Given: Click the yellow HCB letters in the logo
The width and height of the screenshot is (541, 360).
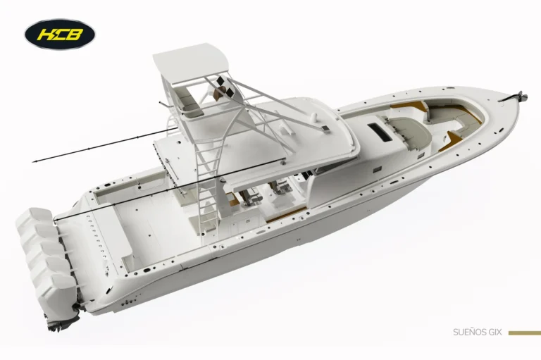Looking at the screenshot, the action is (61, 35).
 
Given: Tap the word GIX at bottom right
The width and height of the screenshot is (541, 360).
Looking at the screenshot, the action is (495, 333).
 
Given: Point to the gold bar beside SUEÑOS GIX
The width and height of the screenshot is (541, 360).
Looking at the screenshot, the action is (524, 333).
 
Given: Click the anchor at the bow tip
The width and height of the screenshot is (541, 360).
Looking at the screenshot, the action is (516, 97).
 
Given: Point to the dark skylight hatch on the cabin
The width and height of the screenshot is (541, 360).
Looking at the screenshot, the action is (380, 132).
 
